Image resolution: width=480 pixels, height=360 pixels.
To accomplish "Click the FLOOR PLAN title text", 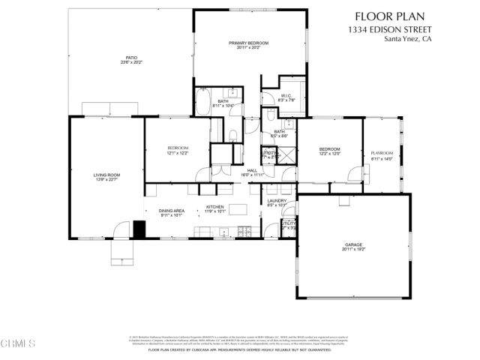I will [x=401, y=16].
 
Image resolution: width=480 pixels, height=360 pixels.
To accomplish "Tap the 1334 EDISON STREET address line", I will [x=401, y=28].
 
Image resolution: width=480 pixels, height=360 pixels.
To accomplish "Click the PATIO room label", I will [x=132, y=59].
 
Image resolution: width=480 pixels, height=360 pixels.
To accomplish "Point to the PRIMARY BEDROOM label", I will [x=248, y=43].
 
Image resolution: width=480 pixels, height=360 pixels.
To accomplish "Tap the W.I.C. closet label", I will [x=286, y=97].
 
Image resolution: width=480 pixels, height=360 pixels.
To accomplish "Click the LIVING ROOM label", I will [x=106, y=175].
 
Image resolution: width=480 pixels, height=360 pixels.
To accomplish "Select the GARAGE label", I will [x=354, y=244].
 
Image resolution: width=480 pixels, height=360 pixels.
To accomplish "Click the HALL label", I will [x=253, y=171].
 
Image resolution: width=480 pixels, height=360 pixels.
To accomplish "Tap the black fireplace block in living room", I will [x=138, y=227].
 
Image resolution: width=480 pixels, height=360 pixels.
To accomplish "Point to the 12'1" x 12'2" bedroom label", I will [x=178, y=149].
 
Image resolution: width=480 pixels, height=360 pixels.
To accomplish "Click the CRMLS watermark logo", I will [x=18, y=344].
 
